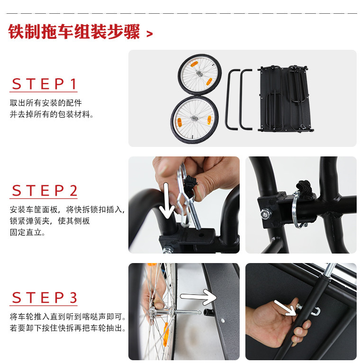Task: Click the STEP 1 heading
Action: click(x=44, y=84)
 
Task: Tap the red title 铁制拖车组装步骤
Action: click(x=74, y=32)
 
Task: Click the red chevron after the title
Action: click(x=150, y=34)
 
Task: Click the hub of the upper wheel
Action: click(x=199, y=73)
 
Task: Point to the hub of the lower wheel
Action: click(x=194, y=118)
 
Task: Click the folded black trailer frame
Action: click(x=286, y=99)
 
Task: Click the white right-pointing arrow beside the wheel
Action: click(x=198, y=297)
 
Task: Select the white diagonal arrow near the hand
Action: click(x=285, y=308)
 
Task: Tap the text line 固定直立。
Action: click(x=27, y=232)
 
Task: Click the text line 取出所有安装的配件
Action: click(x=45, y=102)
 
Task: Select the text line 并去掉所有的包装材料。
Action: click(x=52, y=114)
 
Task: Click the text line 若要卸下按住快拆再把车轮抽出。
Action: click(x=68, y=328)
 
